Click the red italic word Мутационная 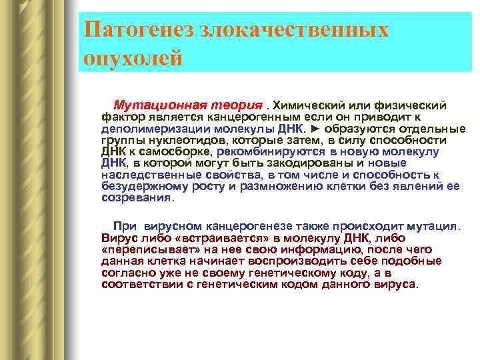(x=154, y=105)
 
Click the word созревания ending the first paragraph (x=136, y=198)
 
